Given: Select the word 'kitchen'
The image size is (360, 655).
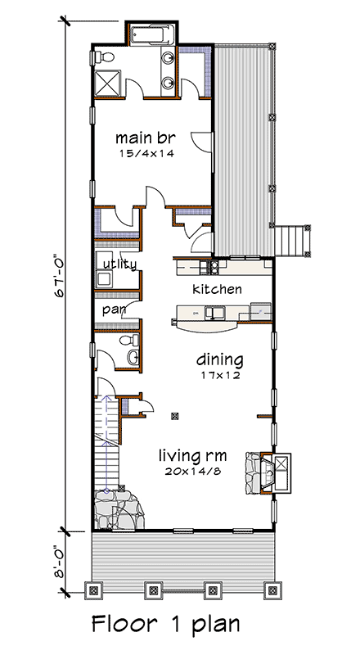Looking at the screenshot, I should pos(217,289).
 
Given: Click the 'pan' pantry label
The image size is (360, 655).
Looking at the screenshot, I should pos(111,311).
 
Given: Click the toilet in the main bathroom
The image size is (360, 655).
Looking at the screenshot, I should pos(101,56).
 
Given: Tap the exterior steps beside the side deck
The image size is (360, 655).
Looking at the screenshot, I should pos(292,240).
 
